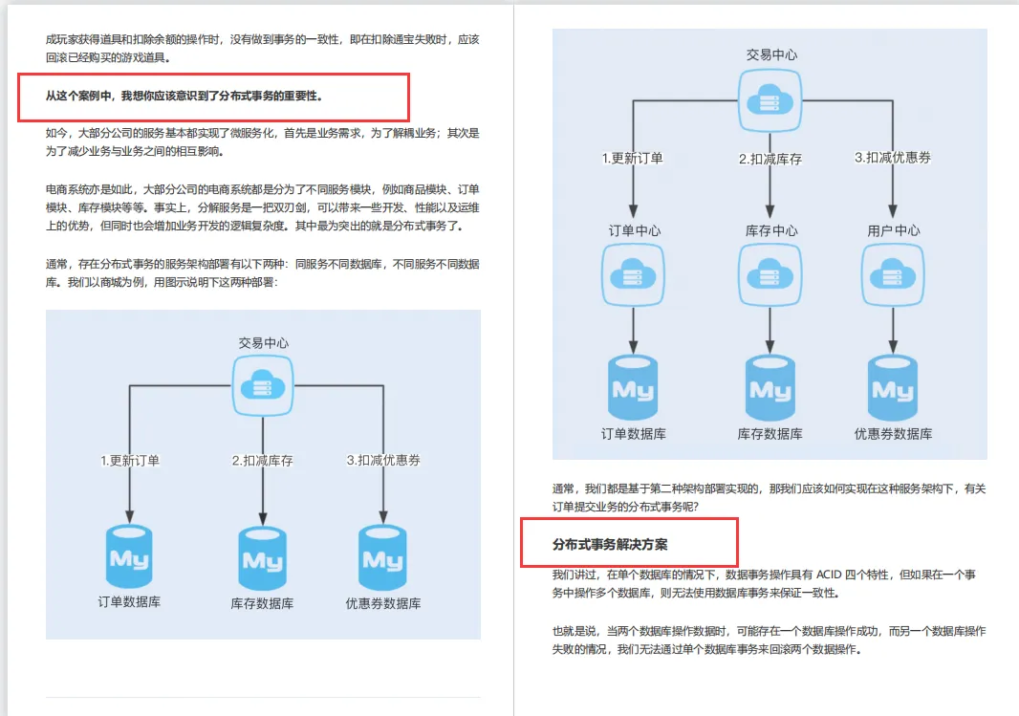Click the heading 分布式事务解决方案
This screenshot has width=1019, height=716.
click(x=610, y=544)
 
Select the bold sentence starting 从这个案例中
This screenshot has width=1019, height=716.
click(x=184, y=96)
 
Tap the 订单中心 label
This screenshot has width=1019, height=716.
click(x=634, y=230)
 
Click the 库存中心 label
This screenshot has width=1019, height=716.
click(x=770, y=230)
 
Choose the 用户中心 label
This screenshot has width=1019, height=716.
click(x=893, y=230)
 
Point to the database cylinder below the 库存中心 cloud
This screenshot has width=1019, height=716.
click(x=770, y=389)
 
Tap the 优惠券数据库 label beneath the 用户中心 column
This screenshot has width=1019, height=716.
click(x=893, y=434)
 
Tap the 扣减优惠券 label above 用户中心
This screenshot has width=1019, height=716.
click(x=893, y=158)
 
